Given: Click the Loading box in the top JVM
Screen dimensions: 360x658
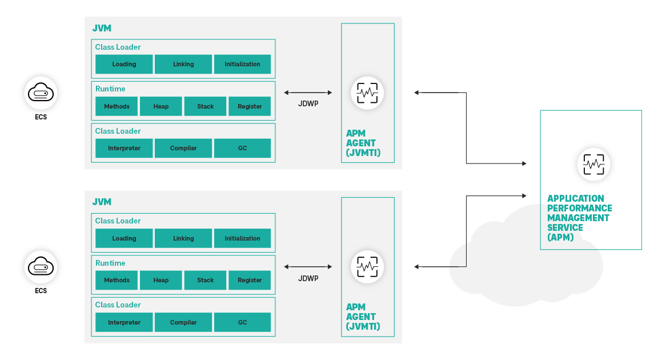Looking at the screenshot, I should pyautogui.click(x=124, y=64).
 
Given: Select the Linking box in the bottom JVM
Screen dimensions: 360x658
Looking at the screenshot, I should pyautogui.click(x=183, y=238).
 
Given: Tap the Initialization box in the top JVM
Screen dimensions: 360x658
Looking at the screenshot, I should pyautogui.click(x=242, y=64).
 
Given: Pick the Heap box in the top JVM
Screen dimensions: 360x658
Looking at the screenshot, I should pyautogui.click(x=161, y=106).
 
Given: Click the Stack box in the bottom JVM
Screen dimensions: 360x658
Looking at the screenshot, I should pyautogui.click(x=205, y=280).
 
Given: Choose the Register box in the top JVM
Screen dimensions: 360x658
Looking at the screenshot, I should pyautogui.click(x=250, y=106).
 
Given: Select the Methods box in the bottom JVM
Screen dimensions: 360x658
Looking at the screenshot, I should pyautogui.click(x=117, y=280).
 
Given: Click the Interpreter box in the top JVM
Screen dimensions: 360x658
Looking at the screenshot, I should pyautogui.click(x=124, y=148).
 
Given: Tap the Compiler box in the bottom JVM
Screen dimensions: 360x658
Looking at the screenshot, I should pyautogui.click(x=183, y=322).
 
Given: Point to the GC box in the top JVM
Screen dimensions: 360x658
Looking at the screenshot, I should pyautogui.click(x=242, y=148).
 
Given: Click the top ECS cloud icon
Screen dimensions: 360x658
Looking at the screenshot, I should pyautogui.click(x=41, y=93).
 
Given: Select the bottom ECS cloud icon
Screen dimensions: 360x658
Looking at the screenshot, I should pyautogui.click(x=41, y=267).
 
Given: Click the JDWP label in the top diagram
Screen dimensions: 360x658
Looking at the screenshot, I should pyautogui.click(x=308, y=104).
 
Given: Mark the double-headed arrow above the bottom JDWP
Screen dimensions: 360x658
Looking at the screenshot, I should pyautogui.click(x=308, y=267).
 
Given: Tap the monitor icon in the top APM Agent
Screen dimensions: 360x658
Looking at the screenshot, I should pyautogui.click(x=367, y=93).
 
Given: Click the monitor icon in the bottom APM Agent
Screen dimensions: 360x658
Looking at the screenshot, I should pyautogui.click(x=367, y=267).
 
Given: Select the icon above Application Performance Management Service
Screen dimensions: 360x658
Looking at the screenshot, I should pyautogui.click(x=593, y=165).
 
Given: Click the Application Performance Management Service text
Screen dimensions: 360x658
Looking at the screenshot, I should pyautogui.click(x=579, y=218).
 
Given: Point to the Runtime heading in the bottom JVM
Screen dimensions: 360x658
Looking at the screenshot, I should pyautogui.click(x=110, y=263).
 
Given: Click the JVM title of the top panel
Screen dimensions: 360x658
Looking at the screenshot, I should pyautogui.click(x=102, y=28).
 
